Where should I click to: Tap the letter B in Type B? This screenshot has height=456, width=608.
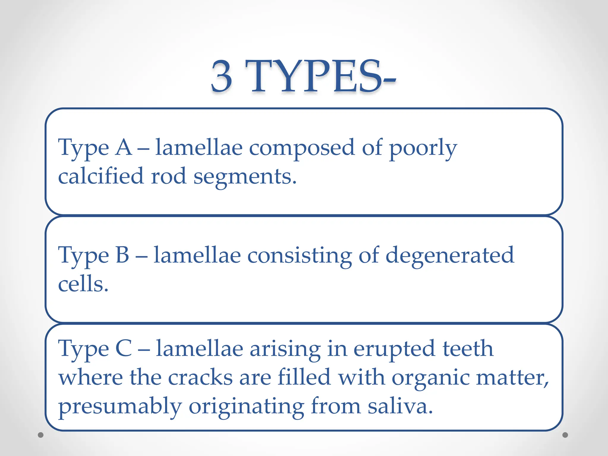(122, 255)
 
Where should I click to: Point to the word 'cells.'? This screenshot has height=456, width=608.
(83, 284)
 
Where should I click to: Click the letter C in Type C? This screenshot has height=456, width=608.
(123, 348)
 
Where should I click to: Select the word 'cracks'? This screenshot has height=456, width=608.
(200, 377)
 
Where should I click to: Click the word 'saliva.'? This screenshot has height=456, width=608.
(400, 406)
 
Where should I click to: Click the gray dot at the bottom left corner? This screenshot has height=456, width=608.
(41, 435)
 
